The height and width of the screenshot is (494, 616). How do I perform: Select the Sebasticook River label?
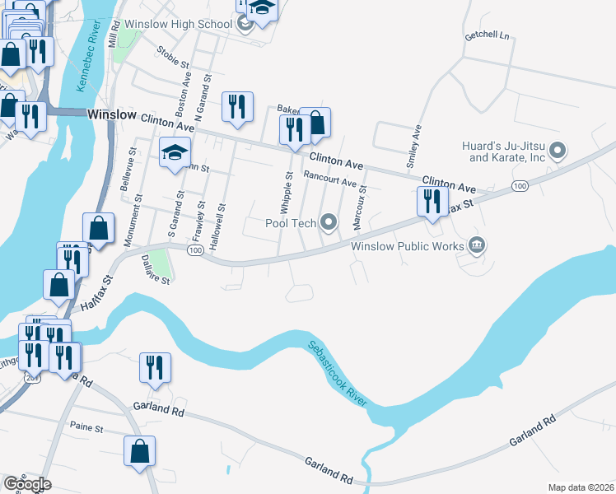(338, 372)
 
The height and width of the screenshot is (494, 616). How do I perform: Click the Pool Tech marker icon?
(329, 221)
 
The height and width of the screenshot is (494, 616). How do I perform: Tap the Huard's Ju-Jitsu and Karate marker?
(558, 150)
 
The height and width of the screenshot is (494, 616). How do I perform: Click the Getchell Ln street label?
(488, 36)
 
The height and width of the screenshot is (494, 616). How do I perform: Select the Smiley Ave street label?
(416, 142)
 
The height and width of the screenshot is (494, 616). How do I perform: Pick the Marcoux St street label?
(360, 206)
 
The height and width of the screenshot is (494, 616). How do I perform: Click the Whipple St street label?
(289, 189)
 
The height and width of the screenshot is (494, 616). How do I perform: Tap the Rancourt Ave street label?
(329, 179)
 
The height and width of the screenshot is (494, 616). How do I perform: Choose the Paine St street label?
(86, 428)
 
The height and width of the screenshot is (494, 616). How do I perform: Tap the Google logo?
(26, 484)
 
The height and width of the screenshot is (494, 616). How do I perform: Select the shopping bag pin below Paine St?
(139, 451)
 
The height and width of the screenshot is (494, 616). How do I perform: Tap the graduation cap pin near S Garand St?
(175, 153)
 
